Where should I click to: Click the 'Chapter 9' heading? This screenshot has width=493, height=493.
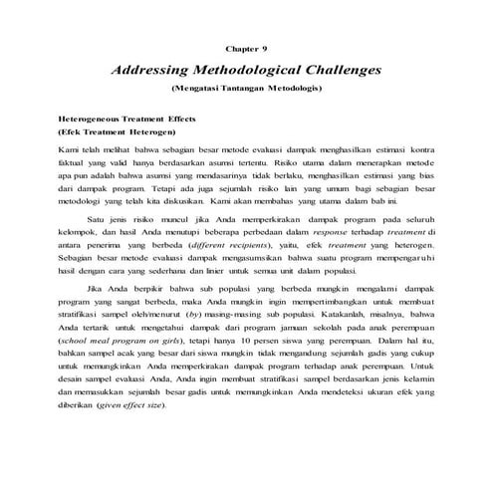(247, 48)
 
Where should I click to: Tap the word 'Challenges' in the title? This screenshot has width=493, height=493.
(340, 72)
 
